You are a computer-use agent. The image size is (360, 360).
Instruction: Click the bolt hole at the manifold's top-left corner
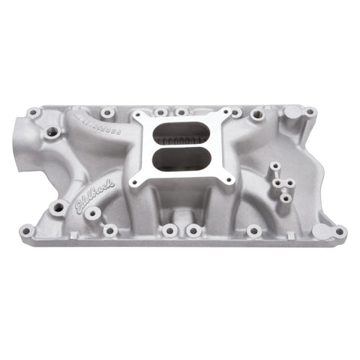(x=33, y=113)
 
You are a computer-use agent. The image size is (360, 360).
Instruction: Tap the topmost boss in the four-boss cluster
(x=274, y=166)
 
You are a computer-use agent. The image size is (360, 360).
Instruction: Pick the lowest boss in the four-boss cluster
(x=285, y=198)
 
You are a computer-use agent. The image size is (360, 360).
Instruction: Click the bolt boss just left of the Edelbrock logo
(x=57, y=207)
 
